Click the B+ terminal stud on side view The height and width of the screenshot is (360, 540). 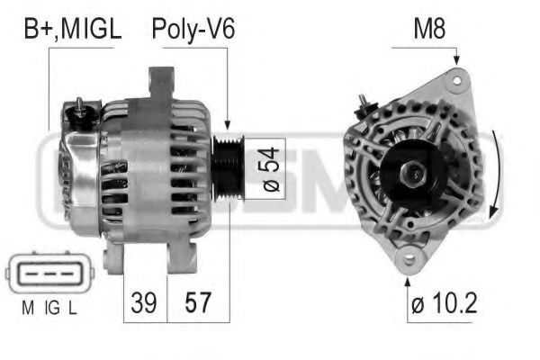[80, 105]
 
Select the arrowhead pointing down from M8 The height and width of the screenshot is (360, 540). [458, 60]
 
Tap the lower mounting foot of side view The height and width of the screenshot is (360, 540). [112, 260]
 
